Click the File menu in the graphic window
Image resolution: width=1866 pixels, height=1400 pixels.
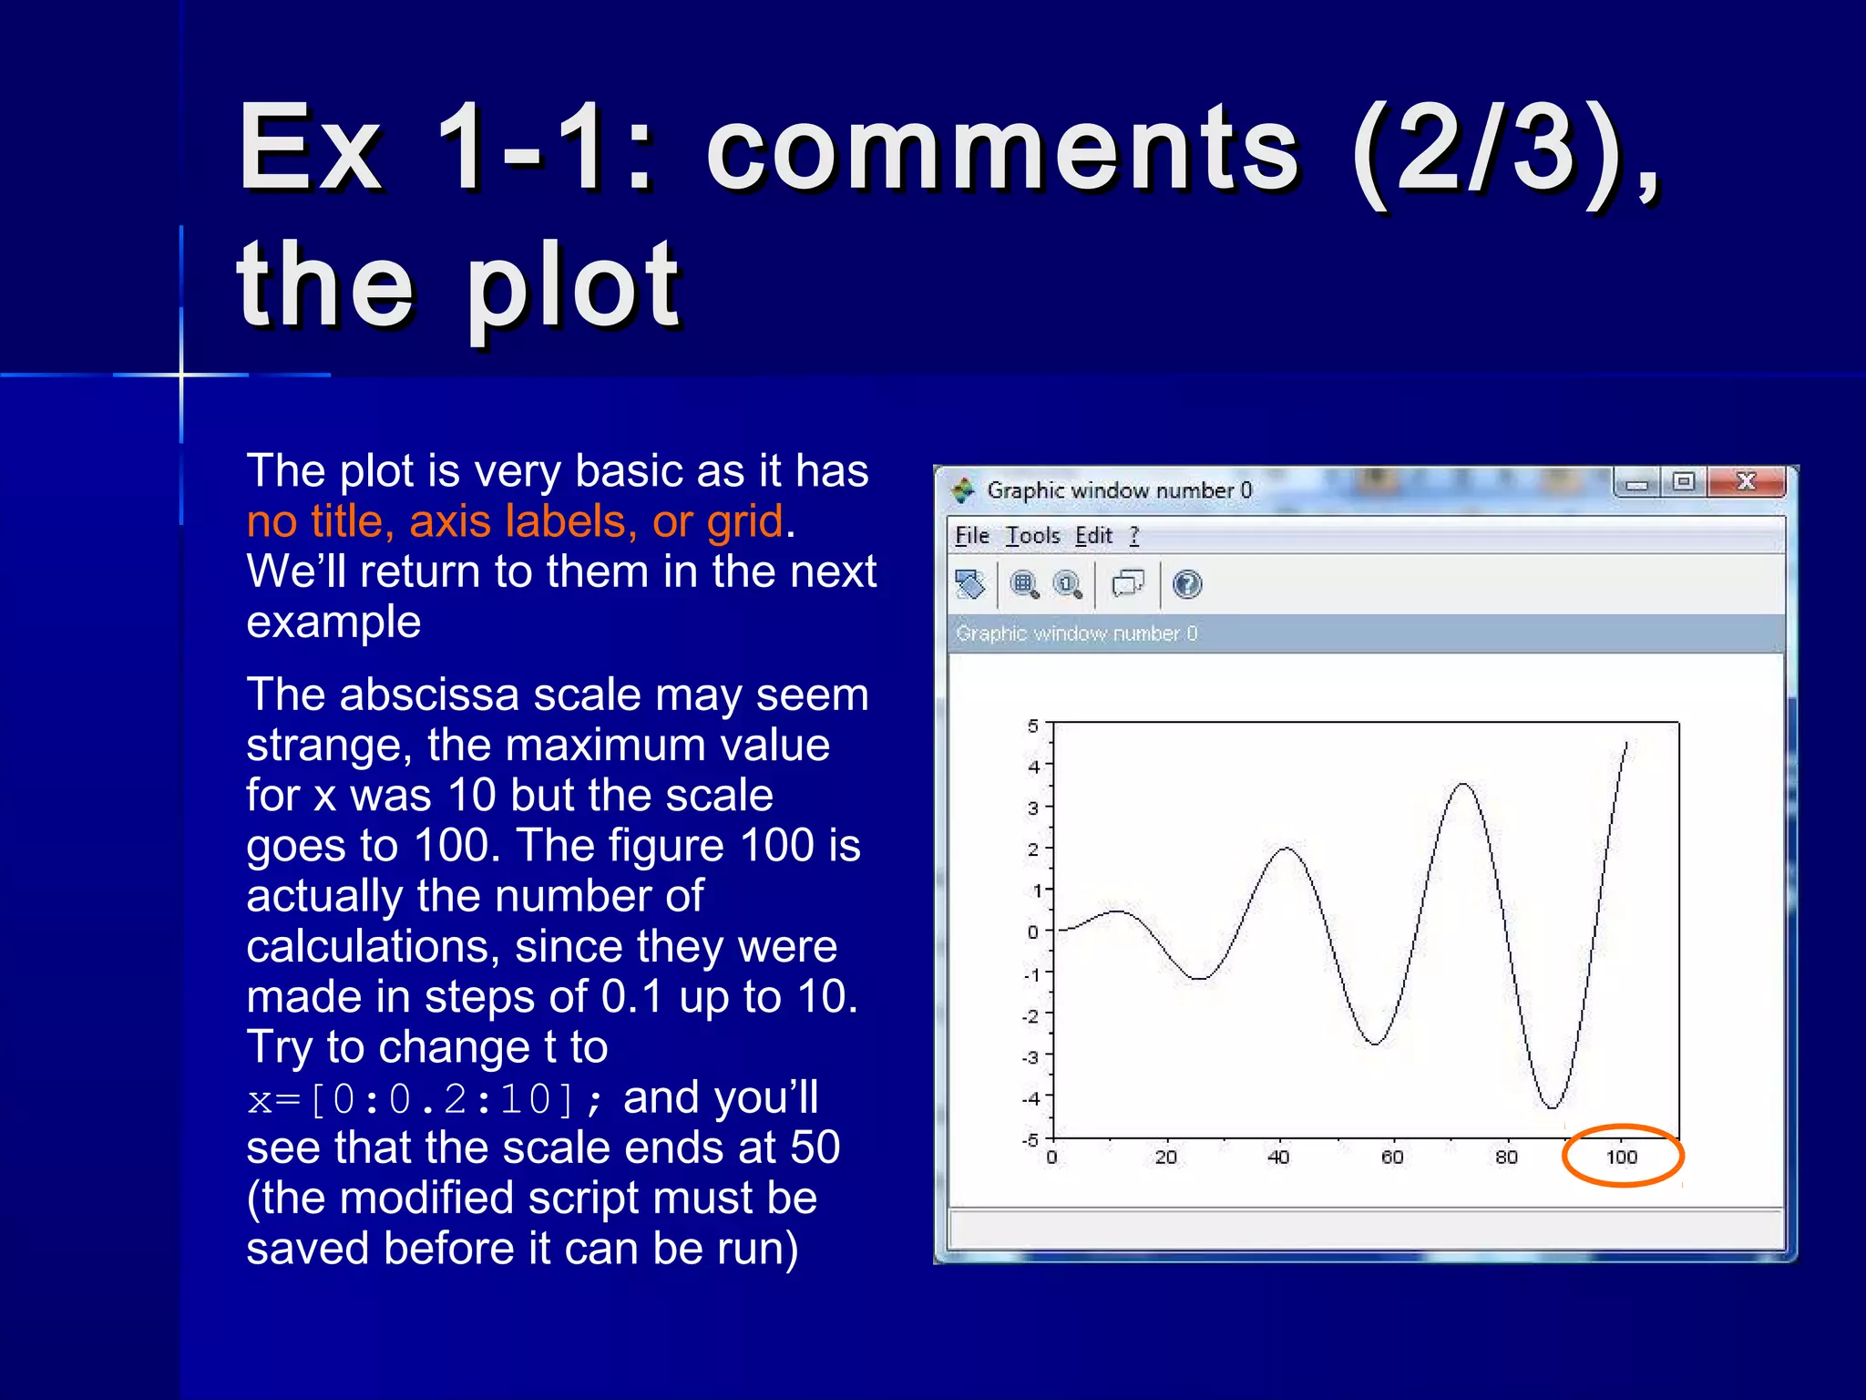[x=971, y=536]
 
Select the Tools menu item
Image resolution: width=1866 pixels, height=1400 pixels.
[x=1031, y=536]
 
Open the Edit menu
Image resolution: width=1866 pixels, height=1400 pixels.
[x=1092, y=536]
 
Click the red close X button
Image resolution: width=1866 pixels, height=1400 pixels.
[x=1745, y=481]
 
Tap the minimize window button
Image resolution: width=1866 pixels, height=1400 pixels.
[x=1636, y=482]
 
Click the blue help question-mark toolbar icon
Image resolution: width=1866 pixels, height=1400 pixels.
[x=1186, y=584]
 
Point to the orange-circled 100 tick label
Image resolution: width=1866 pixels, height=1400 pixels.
[x=1621, y=1157]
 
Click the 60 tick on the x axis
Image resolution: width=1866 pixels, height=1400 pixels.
[x=1391, y=1157]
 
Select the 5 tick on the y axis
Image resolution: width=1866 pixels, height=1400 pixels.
[x=1032, y=726]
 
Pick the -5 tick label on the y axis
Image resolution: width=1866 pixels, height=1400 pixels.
[x=1030, y=1139]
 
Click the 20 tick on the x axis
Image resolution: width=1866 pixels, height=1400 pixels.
[x=1165, y=1157]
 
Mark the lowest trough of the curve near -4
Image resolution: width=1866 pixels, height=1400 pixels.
[x=1551, y=1107]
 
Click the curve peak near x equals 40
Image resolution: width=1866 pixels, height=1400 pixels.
[x=1286, y=849]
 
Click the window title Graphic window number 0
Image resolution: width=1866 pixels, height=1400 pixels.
[x=1119, y=490]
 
